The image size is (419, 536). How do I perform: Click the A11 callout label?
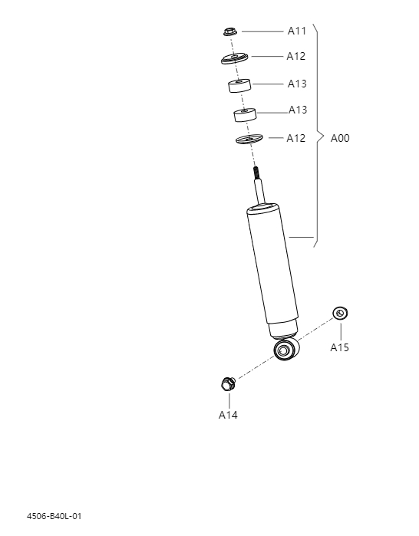point(297,31)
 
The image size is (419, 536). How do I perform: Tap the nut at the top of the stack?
point(227,31)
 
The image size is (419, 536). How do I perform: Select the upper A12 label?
point(296,56)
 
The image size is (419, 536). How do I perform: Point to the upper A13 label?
point(297,84)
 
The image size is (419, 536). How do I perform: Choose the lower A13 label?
point(298,110)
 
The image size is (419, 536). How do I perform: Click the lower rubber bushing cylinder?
point(245,115)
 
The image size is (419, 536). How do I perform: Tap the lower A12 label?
point(296,138)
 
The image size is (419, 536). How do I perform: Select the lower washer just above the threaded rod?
point(249,139)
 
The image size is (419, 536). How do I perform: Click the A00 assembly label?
point(340,139)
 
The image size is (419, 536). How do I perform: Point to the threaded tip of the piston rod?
point(256,174)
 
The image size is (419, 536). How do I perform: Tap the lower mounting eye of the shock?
point(285,350)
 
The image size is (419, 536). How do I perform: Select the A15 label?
point(340,347)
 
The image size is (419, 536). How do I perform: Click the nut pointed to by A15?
point(341,313)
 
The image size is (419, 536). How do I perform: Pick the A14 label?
point(228,415)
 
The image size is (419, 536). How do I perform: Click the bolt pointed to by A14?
point(226,382)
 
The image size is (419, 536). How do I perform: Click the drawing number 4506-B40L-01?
point(54,516)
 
